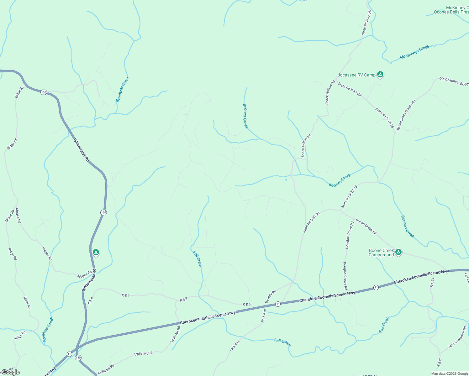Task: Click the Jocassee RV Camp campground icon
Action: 380,75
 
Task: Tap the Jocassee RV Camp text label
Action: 356,75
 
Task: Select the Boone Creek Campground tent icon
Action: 398,252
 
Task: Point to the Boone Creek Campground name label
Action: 381,253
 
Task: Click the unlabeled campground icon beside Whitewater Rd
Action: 96,252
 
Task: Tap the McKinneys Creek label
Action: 414,52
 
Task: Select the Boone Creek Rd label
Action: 366,227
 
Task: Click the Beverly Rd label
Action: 271,296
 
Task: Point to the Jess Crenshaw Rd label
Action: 458,337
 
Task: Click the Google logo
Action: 10,372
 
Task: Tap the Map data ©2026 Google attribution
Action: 450,373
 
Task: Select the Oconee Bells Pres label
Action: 451,12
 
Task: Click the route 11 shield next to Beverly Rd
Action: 278,304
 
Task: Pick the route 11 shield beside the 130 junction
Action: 69,354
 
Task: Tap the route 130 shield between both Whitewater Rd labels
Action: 103,212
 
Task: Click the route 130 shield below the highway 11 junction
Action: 78,358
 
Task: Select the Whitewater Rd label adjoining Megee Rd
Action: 89,280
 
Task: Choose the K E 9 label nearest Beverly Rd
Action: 247,305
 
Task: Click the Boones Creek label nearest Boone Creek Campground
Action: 408,227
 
